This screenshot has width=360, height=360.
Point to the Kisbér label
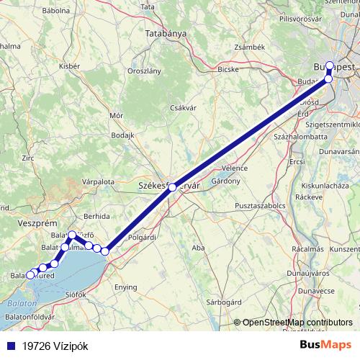[69, 66]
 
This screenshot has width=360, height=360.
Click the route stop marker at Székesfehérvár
[172, 186]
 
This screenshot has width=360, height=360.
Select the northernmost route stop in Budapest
[330, 66]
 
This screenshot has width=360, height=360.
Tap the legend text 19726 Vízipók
[55, 345]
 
